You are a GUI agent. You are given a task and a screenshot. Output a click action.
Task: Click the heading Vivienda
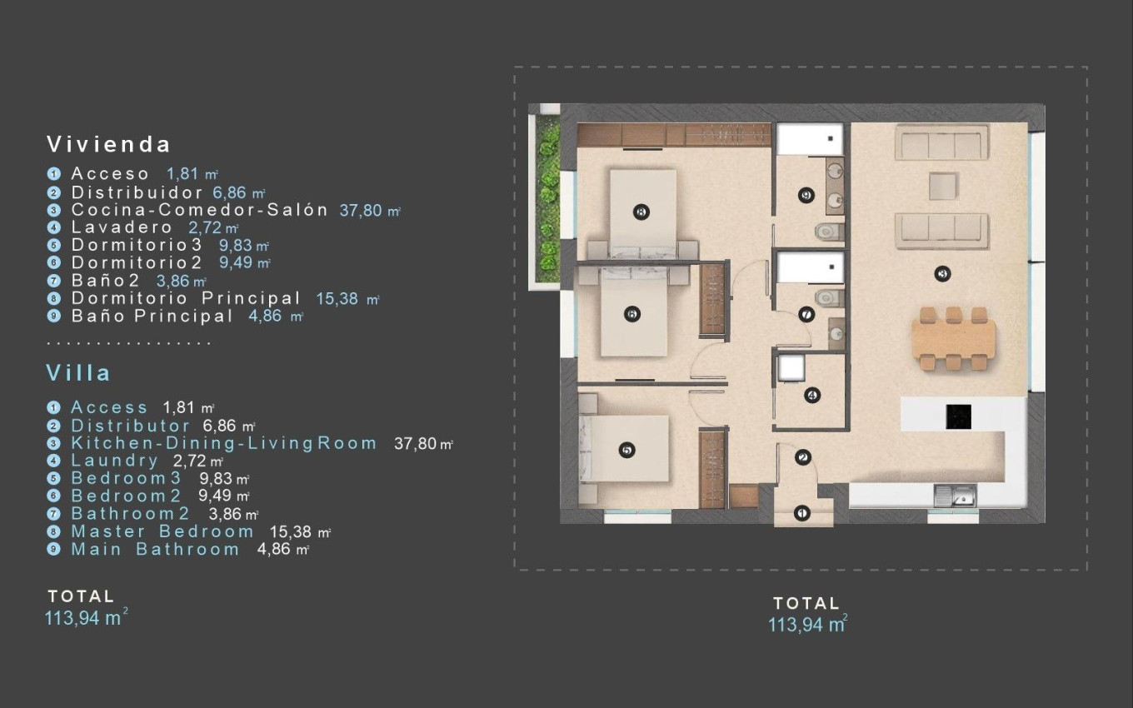click(108, 144)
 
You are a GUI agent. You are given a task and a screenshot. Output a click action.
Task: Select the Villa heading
click(78, 372)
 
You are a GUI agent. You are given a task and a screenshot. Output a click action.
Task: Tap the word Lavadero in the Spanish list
click(122, 227)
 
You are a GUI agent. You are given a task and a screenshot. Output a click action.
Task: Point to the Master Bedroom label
click(162, 531)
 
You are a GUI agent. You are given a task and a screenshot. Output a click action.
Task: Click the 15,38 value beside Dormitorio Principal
click(340, 298)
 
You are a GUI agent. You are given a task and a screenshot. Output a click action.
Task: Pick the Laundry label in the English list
click(114, 461)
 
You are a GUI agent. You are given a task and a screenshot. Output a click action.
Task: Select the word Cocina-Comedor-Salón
click(200, 210)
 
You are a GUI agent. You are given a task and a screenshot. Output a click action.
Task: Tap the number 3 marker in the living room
click(943, 273)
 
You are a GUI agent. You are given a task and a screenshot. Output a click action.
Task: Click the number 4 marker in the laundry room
click(812, 396)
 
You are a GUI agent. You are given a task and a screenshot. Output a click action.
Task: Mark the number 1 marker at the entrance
click(801, 513)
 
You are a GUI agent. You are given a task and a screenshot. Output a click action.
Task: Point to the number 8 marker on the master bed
click(641, 212)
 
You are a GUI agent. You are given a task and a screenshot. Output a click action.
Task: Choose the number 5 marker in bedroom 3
click(627, 450)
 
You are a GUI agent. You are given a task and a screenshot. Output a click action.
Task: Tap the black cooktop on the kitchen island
click(958, 416)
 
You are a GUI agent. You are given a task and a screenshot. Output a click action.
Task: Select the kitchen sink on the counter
click(953, 496)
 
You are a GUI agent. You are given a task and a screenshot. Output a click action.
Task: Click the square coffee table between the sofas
click(942, 186)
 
